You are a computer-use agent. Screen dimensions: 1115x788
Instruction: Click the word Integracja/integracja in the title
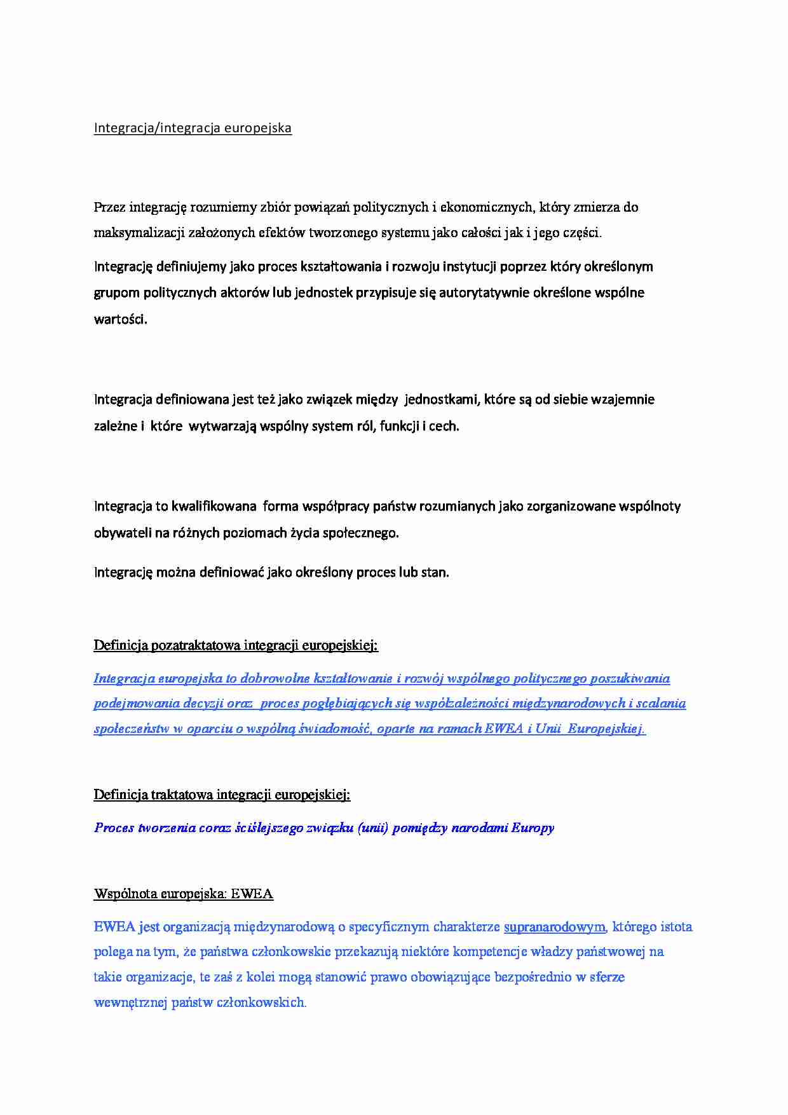(157, 128)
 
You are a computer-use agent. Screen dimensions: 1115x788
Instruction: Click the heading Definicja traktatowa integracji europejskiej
(222, 795)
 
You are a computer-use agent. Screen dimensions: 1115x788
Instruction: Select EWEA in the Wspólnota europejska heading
(252, 894)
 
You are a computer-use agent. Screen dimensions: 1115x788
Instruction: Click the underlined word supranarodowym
(555, 927)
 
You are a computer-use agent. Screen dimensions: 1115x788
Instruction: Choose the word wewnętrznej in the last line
(130, 1003)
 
